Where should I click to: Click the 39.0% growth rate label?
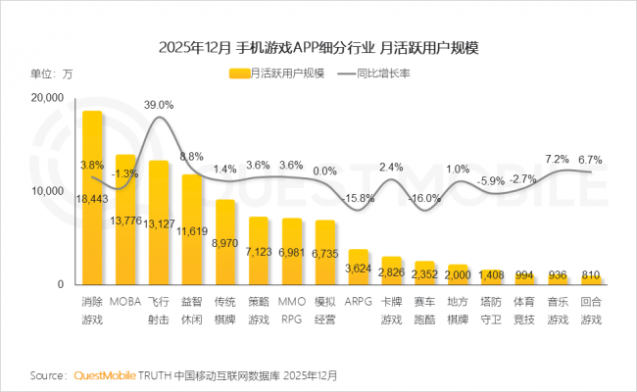(159, 104)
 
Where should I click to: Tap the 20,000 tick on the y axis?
(46, 98)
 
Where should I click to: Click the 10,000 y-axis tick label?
(46, 191)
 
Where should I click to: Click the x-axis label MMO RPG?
(292, 312)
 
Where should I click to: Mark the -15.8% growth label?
(359, 198)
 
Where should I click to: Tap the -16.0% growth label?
(425, 198)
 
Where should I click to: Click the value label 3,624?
(359, 268)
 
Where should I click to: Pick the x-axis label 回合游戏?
(590, 312)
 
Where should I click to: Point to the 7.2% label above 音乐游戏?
(558, 159)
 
